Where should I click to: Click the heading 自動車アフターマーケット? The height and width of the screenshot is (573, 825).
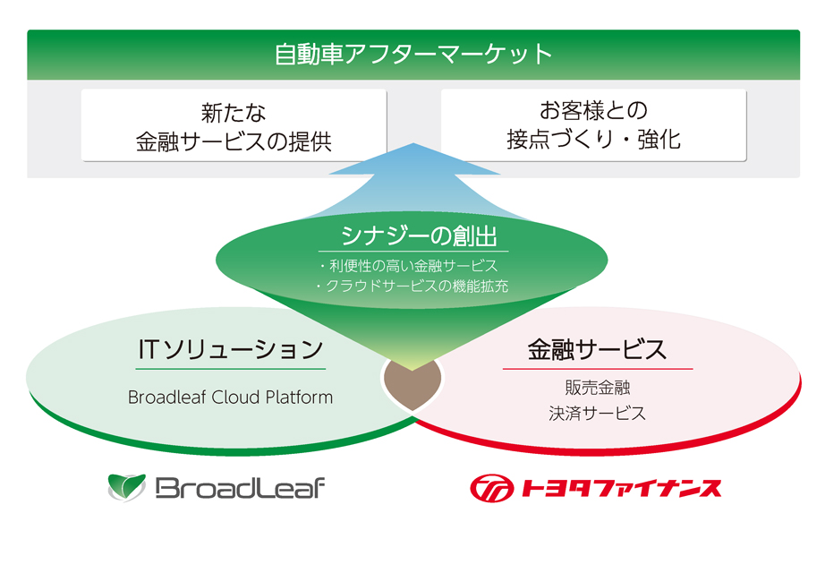pos(413,55)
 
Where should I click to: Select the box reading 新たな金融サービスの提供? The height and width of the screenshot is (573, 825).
pos(234,125)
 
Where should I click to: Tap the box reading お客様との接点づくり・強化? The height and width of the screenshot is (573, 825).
pos(593,125)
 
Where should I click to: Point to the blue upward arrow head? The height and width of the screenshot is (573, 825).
pos(414,159)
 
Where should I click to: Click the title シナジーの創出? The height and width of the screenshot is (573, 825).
pos(419,235)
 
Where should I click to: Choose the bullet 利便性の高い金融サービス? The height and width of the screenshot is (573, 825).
pos(409,266)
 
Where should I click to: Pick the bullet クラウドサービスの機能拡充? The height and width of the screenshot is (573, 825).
pos(412,286)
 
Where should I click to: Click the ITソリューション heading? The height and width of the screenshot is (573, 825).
pos(231,349)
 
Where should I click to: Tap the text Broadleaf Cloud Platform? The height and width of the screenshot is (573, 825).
pos(231,398)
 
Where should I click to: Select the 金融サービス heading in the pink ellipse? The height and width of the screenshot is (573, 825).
pos(597,349)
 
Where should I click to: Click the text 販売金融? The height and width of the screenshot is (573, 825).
pos(597,388)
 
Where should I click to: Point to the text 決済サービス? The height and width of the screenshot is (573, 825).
pos(597,414)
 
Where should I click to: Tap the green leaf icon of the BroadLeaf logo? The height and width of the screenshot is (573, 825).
pos(126,487)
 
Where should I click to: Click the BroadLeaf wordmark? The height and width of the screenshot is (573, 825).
pos(240,488)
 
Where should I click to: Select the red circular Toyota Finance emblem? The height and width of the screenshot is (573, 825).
pos(492,488)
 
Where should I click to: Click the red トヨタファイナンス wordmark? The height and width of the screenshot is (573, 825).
pos(621,488)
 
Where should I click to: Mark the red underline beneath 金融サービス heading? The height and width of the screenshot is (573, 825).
pos(598,369)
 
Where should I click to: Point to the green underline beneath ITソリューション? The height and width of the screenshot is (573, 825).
pos(231,369)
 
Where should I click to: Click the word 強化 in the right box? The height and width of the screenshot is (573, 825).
pos(659,140)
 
